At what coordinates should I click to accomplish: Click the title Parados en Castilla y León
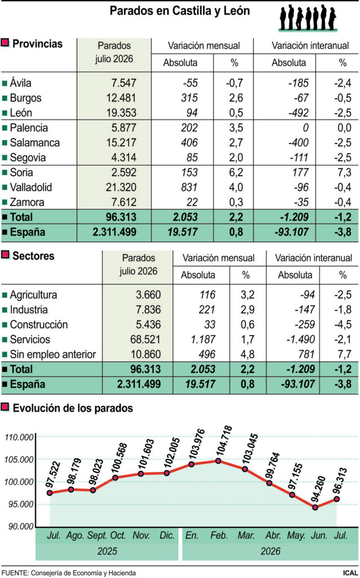pyautogui.click(x=180, y=11)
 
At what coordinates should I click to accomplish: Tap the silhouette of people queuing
pyautogui.click(x=308, y=17)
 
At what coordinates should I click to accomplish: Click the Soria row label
pyautogui.click(x=21, y=173)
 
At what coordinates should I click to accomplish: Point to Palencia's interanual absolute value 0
pyautogui.click(x=305, y=128)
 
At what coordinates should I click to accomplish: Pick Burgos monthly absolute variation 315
pyautogui.click(x=190, y=98)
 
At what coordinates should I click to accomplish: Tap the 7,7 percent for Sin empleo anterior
pyautogui.click(x=343, y=354)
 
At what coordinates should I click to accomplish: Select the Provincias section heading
pyautogui.click(x=38, y=44)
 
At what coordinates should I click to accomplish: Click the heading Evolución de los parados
pyautogui.click(x=73, y=408)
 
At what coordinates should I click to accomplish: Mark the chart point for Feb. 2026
pyautogui.click(x=218, y=461)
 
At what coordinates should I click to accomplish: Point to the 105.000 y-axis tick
pyautogui.click(x=19, y=459)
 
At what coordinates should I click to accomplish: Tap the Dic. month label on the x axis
pyautogui.click(x=167, y=536)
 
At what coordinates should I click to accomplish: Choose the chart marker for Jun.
pyautogui.click(x=315, y=507)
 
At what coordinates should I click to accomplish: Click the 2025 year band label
pyautogui.click(x=107, y=551)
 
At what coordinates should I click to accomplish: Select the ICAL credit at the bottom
pyautogui.click(x=350, y=572)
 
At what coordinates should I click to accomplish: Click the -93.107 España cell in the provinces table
pyautogui.click(x=291, y=233)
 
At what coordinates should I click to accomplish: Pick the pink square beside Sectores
pyautogui.click(x=5, y=255)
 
